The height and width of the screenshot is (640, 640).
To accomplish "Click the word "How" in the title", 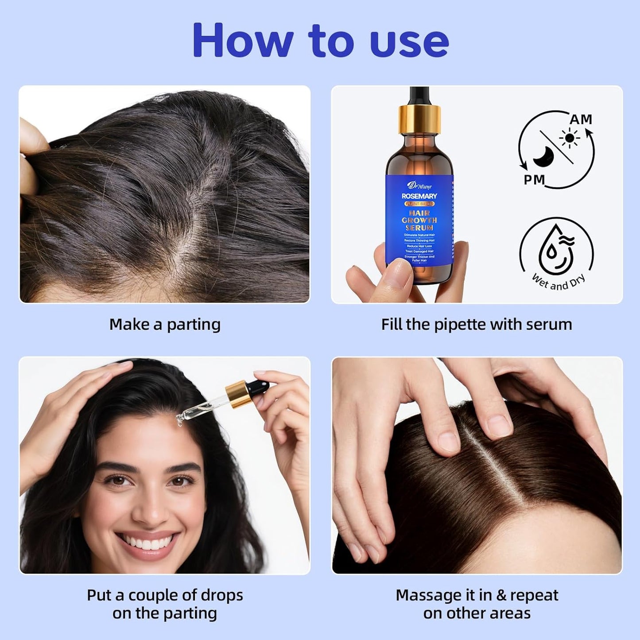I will click(x=242, y=41).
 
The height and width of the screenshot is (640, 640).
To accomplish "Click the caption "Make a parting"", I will click(x=165, y=325).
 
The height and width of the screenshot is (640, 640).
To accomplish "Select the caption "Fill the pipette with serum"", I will click(x=477, y=325).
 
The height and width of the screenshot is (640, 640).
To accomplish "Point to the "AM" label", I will click(x=581, y=120).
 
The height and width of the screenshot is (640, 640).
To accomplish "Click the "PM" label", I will click(x=535, y=180).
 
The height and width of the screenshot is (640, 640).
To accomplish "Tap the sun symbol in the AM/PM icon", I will click(x=569, y=139).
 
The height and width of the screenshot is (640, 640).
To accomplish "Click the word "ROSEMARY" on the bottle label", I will click(x=419, y=196).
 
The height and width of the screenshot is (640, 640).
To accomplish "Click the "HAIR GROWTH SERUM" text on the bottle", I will click(x=419, y=220).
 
